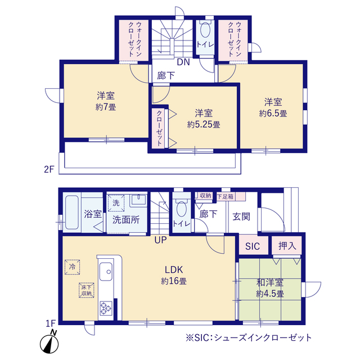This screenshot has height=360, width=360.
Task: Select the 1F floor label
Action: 51,323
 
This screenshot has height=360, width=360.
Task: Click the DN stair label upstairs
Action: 183,62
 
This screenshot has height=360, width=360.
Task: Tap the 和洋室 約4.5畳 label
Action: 270,288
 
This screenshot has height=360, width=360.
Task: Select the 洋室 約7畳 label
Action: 106,101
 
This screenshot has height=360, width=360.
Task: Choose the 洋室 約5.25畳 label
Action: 203,119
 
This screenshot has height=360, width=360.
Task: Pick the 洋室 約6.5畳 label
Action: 273,107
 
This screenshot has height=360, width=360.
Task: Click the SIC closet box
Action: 253,246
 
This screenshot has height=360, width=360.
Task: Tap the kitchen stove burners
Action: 106,307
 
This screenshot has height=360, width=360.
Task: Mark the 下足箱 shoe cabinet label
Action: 227,196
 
